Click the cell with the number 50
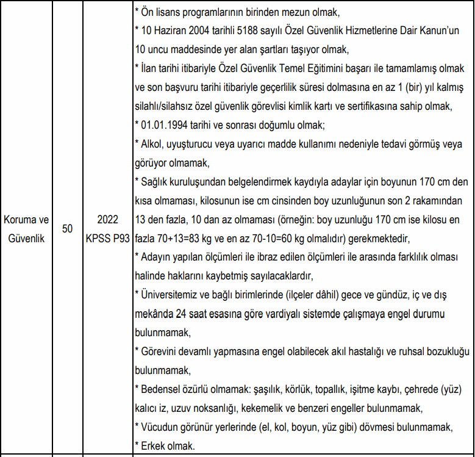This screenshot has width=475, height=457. (67, 228)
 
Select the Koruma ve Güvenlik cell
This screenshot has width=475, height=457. (26, 228)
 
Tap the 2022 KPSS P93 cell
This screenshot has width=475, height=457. (107, 228)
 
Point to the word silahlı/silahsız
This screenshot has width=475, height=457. (168, 106)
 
